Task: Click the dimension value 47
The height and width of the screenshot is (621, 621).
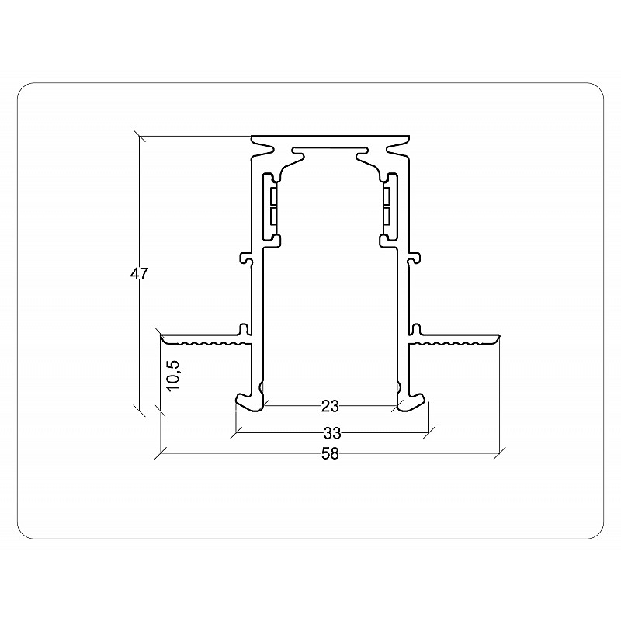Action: [x=139, y=274]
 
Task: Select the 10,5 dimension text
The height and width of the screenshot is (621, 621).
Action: [x=173, y=376]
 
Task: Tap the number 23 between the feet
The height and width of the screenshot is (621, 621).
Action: [x=331, y=407]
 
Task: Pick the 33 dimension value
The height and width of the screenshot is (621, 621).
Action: [x=332, y=434]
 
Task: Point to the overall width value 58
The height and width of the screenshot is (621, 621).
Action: [x=331, y=453]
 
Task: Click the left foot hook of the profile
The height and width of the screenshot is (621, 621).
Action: [x=250, y=402]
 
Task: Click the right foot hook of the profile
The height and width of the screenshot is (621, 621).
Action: [x=411, y=402]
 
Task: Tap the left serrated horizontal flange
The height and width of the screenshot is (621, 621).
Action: [x=206, y=340]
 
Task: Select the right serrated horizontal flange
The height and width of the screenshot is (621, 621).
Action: [x=454, y=340]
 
